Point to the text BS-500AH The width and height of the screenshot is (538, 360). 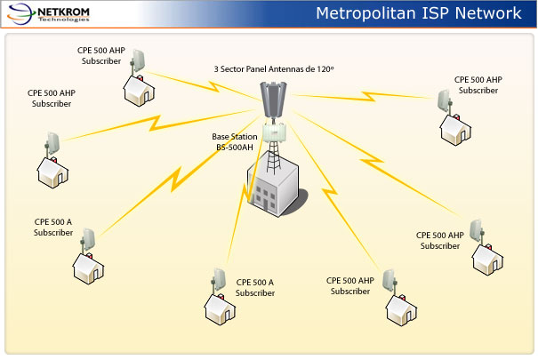(234, 148)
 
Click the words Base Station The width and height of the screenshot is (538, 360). (234, 137)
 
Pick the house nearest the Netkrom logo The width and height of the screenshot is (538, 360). (136, 87)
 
